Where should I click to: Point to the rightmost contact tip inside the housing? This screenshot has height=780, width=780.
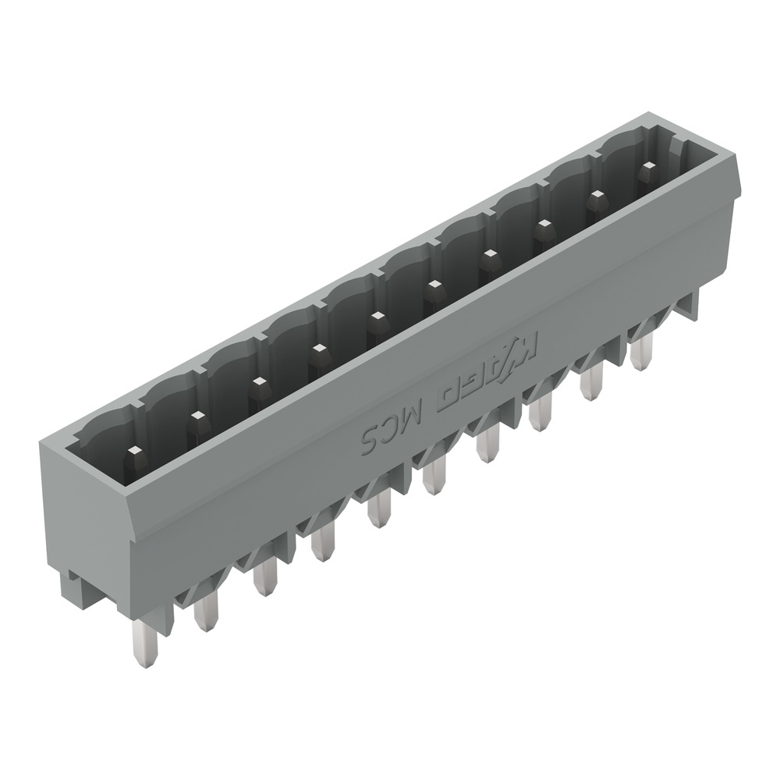click(x=646, y=170)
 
